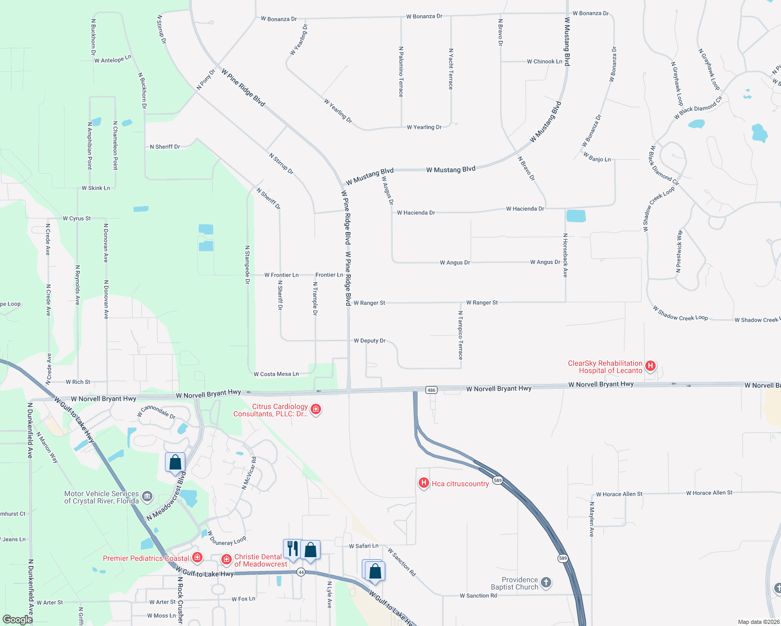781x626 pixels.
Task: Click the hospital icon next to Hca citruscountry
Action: click(x=423, y=484)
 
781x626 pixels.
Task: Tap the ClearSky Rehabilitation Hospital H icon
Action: click(x=650, y=366)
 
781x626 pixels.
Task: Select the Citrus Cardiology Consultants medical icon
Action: click(x=315, y=410)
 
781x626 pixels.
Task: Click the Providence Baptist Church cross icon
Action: click(x=546, y=583)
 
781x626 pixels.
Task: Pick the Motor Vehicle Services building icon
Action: click(x=147, y=496)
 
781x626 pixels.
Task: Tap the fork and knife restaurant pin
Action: click(x=292, y=549)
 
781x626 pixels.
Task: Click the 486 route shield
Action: click(x=431, y=390)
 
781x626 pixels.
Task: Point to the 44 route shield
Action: click(x=301, y=572)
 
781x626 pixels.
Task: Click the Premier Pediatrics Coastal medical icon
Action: click(x=197, y=558)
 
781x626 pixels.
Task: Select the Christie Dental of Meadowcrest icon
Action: click(x=226, y=560)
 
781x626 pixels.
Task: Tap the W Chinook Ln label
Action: click(x=545, y=62)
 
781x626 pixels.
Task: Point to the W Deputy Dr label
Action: click(x=370, y=341)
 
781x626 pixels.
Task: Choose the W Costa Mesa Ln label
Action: click(x=276, y=374)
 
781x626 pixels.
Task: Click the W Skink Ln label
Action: click(x=96, y=188)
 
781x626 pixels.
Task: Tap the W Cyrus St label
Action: click(x=77, y=219)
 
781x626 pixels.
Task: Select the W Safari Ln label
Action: click(x=364, y=546)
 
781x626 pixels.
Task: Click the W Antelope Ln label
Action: click(x=113, y=59)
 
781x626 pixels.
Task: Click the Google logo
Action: click(x=17, y=620)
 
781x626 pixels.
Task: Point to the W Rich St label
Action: click(x=78, y=382)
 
